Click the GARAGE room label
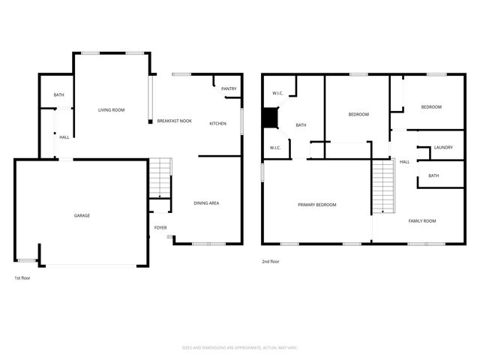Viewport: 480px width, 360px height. point(82,216)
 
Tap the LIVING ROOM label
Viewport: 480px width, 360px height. point(111,110)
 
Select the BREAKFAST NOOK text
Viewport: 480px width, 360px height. point(174,121)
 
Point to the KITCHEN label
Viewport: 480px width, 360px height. point(217,124)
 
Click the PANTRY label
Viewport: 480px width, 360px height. point(229,89)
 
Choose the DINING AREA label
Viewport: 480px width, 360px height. point(206,203)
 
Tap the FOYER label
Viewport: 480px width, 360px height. point(160,228)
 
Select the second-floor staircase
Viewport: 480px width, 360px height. point(383,187)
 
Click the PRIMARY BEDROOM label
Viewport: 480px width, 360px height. point(316,205)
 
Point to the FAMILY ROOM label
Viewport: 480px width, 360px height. point(421,221)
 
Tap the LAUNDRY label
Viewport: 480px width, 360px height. point(442,147)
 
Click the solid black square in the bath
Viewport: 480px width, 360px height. point(269,118)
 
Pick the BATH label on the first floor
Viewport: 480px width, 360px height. point(58,96)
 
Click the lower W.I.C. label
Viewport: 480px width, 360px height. point(275,148)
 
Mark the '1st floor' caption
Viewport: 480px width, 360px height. point(22,278)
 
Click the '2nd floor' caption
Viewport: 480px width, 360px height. point(270,262)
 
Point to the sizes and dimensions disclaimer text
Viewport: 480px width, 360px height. point(240,347)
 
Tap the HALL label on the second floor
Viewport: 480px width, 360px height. point(404,162)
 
